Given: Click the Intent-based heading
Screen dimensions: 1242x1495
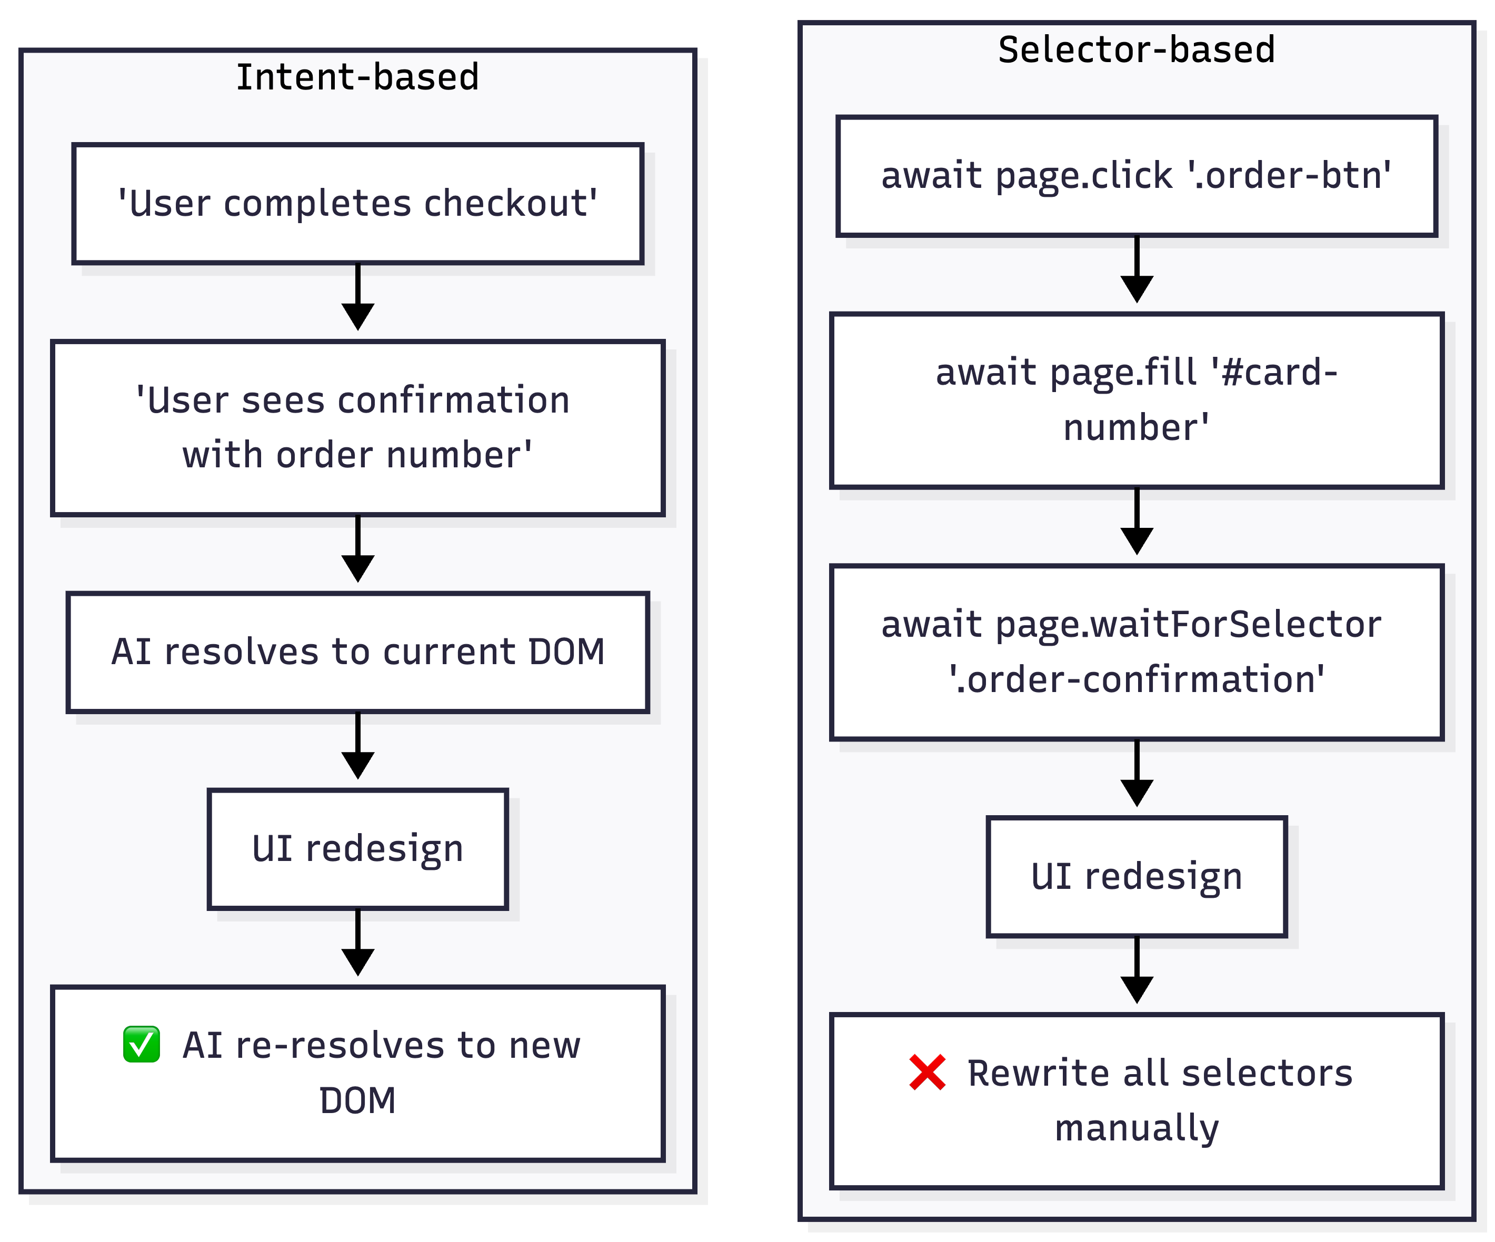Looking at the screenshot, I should pyautogui.click(x=357, y=77).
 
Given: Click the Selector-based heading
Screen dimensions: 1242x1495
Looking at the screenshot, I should pyautogui.click(x=1136, y=50).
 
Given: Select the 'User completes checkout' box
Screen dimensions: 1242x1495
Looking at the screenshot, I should pyautogui.click(x=357, y=204).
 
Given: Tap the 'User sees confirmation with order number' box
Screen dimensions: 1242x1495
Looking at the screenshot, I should pyautogui.click(x=357, y=428).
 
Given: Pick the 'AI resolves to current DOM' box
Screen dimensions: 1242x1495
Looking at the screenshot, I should pyautogui.click(x=357, y=652).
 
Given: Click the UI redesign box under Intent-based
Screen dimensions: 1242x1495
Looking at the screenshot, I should pyautogui.click(x=357, y=848).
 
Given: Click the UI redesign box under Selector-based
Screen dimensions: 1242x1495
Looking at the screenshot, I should pyautogui.click(x=1136, y=876).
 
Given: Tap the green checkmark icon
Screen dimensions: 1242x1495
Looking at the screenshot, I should pyautogui.click(x=141, y=1044).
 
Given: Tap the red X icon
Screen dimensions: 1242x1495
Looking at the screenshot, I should pyautogui.click(x=927, y=1072).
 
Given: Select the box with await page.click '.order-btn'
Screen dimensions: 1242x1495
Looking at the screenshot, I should pyautogui.click(x=1136, y=176).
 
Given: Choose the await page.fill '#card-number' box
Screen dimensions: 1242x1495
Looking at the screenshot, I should pyautogui.click(x=1136, y=400).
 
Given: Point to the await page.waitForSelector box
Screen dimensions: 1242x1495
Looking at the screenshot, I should pyautogui.click(x=1136, y=652).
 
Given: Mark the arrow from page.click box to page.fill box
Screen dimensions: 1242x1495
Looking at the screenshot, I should pyautogui.click(x=1136, y=270).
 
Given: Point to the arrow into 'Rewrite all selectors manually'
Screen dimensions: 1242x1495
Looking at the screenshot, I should pyautogui.click(x=1136, y=971).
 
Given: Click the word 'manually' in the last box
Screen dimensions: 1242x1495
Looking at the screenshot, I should pyautogui.click(x=1136, y=1128).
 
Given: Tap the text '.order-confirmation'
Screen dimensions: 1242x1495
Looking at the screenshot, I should pyautogui.click(x=1136, y=680).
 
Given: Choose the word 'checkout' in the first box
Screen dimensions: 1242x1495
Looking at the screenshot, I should pyautogui.click(x=510, y=204).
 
